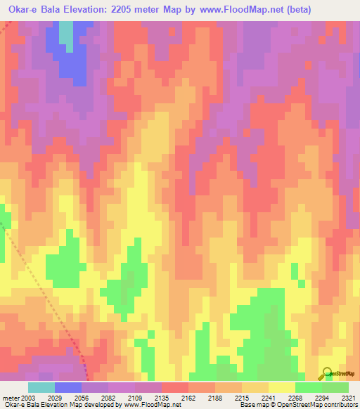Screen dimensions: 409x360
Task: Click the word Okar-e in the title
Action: [x=22, y=9]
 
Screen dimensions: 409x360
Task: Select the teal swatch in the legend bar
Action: [x=41, y=387]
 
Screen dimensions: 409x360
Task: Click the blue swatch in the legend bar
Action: [x=68, y=387]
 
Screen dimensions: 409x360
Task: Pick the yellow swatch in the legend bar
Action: [x=282, y=387]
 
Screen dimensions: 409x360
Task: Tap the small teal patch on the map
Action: [x=65, y=34]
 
